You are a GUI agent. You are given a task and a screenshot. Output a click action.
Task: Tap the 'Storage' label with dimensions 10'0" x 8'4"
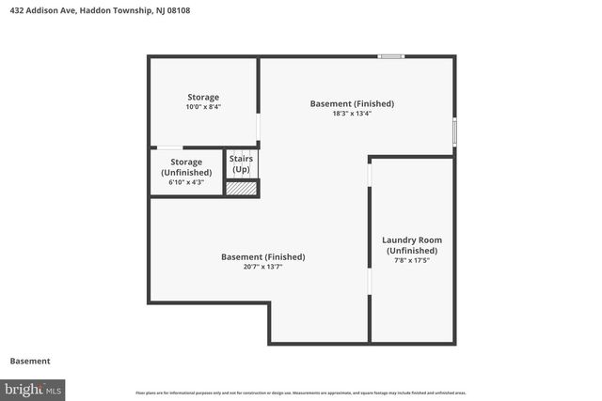point(203,97)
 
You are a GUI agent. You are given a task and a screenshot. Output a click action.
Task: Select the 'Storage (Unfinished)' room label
point(186,167)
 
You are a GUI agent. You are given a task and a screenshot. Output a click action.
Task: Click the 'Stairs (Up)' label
point(241,163)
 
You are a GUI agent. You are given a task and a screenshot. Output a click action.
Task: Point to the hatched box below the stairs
point(242,188)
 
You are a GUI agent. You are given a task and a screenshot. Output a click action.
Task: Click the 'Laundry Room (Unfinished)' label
point(411,245)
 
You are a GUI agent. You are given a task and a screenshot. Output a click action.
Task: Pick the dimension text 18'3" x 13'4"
point(352,115)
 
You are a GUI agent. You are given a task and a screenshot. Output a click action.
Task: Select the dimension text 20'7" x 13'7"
point(263,267)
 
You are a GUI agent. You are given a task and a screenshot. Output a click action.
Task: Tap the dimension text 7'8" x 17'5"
point(411,260)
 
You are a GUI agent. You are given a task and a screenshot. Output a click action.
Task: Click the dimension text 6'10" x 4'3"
point(186,182)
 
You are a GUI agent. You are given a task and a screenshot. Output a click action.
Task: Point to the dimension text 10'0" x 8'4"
point(203,107)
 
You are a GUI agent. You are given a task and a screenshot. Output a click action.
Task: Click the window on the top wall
point(391,56)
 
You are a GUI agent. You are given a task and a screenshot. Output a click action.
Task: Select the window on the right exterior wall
point(455,131)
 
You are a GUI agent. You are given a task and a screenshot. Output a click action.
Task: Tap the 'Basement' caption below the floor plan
point(30,361)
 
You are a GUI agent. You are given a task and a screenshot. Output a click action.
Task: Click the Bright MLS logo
point(33,388)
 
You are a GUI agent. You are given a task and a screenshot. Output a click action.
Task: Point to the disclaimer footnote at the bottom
point(301,393)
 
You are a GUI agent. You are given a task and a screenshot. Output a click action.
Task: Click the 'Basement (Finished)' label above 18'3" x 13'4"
point(352,103)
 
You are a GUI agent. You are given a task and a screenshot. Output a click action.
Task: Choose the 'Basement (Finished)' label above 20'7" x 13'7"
point(263,256)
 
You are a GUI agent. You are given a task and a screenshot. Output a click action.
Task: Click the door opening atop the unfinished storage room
point(169,147)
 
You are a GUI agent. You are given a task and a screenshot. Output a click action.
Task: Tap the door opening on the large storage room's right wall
point(260,127)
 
